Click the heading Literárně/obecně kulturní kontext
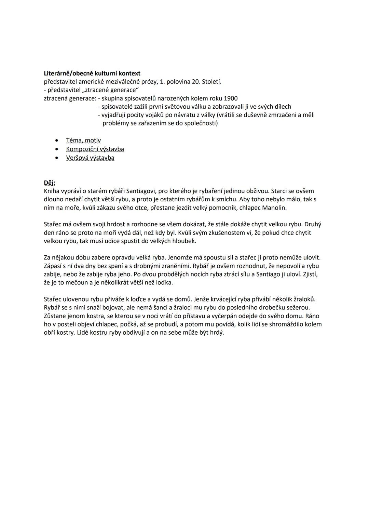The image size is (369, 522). [92, 73]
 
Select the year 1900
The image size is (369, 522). [230, 98]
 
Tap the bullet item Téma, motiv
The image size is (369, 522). [83, 140]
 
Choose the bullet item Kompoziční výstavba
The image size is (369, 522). [95, 149]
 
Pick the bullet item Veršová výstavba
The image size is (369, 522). [90, 158]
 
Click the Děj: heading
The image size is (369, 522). [50, 183]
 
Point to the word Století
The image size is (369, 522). [211, 82]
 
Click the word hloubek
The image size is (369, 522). [184, 241]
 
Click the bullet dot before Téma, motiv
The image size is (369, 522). [56, 140]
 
